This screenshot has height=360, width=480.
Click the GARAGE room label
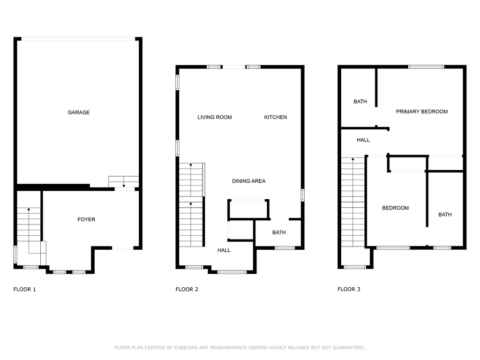coord(79,112)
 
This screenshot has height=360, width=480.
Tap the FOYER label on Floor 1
coord(86,219)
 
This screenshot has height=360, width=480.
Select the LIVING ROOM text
coord(215,117)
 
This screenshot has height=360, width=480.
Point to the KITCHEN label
coord(276,117)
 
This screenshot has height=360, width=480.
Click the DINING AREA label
coord(248,181)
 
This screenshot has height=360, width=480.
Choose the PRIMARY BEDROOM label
coord(422,112)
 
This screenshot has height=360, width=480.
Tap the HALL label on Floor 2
coord(224,250)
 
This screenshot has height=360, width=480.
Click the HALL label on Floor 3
coord(363,140)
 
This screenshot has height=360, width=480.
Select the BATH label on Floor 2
coord(279,232)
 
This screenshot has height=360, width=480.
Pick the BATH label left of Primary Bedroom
coord(360,102)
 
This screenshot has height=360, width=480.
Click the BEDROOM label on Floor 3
coord(395,208)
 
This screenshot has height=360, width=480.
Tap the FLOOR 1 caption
coord(25,289)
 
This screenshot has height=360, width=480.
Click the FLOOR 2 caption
coord(187,289)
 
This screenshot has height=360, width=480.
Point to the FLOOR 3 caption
coord(349,289)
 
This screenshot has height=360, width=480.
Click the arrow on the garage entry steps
coord(124,182)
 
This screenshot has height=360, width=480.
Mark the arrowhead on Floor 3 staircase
coord(353,159)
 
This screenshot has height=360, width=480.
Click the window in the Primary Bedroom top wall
coord(426,67)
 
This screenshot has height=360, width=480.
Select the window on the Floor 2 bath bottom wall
coord(285,248)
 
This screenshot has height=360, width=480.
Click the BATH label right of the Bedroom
coord(445,215)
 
